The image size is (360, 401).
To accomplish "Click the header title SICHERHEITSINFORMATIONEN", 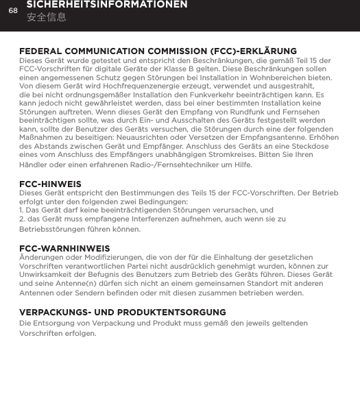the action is (x=106, y=5).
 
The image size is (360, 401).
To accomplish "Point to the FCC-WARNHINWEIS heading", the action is (x=64, y=247).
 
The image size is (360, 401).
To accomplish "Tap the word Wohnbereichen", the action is (x=273, y=78).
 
